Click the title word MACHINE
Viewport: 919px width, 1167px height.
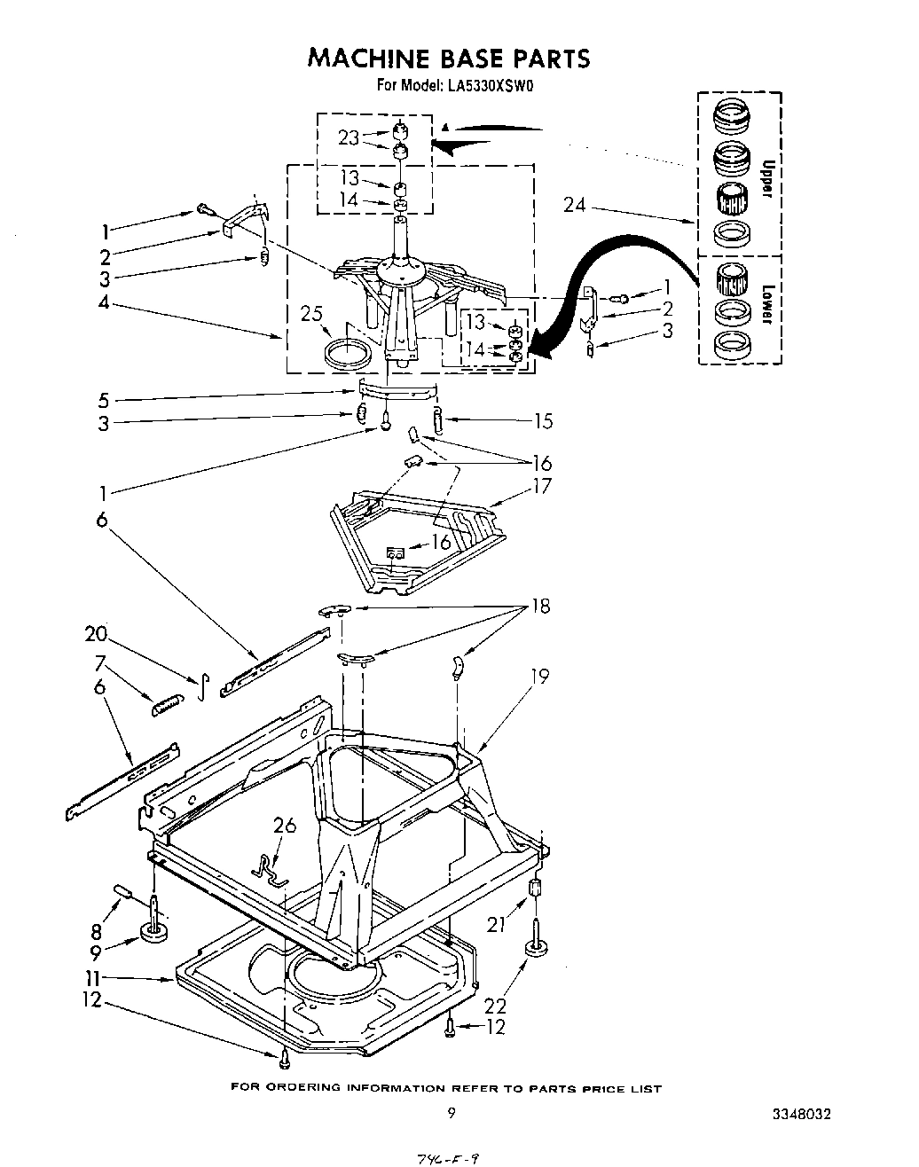(x=363, y=59)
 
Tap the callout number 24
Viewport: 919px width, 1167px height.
(x=575, y=205)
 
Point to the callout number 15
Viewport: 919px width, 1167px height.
(x=543, y=421)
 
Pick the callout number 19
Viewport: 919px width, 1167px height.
(x=538, y=677)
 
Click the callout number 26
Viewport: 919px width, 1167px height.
(x=285, y=826)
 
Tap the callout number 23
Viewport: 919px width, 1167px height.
(x=350, y=137)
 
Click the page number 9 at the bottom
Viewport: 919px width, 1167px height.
(x=452, y=1114)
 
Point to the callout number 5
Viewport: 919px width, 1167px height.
(x=104, y=400)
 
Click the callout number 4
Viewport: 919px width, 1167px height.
(x=104, y=302)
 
